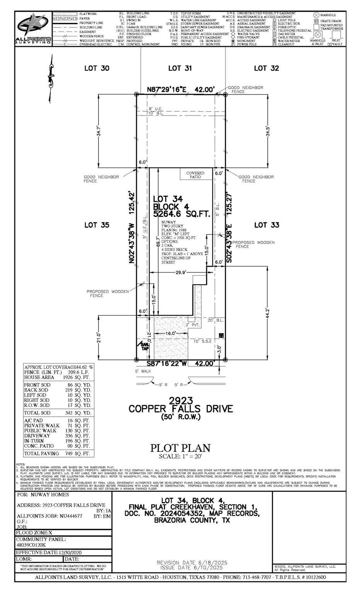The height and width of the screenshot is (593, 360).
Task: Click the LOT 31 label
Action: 180,68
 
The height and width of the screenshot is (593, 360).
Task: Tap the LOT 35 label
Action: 97,225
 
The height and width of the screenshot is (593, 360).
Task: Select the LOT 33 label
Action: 267,225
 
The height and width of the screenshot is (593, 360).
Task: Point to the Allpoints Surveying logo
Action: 33,29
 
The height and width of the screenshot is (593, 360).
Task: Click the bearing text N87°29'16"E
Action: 167,90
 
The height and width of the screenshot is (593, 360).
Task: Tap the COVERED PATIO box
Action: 195,175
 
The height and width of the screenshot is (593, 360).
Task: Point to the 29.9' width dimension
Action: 181,272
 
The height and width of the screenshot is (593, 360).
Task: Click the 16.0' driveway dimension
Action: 171,333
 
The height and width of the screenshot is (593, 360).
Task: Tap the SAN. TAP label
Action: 144,346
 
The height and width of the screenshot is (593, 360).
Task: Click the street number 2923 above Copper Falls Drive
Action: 180,400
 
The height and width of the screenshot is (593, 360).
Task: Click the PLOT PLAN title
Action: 180,448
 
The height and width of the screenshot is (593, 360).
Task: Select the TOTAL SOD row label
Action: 37,413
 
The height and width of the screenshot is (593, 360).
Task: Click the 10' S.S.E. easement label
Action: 202,341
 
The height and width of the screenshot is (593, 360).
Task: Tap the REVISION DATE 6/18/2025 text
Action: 190,563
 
